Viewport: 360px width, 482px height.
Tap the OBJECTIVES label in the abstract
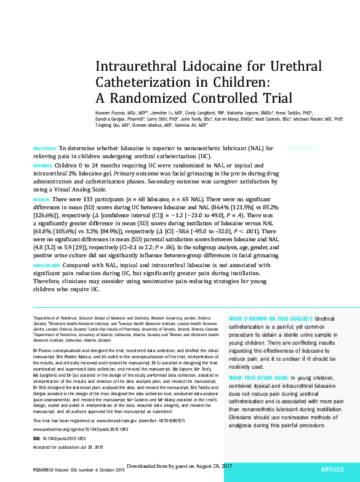(44, 149)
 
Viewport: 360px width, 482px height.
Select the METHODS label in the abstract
(42, 166)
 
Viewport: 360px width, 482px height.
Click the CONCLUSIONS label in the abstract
(47, 265)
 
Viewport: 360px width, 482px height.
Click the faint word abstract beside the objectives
(302, 148)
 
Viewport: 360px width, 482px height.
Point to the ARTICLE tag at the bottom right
(332, 470)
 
